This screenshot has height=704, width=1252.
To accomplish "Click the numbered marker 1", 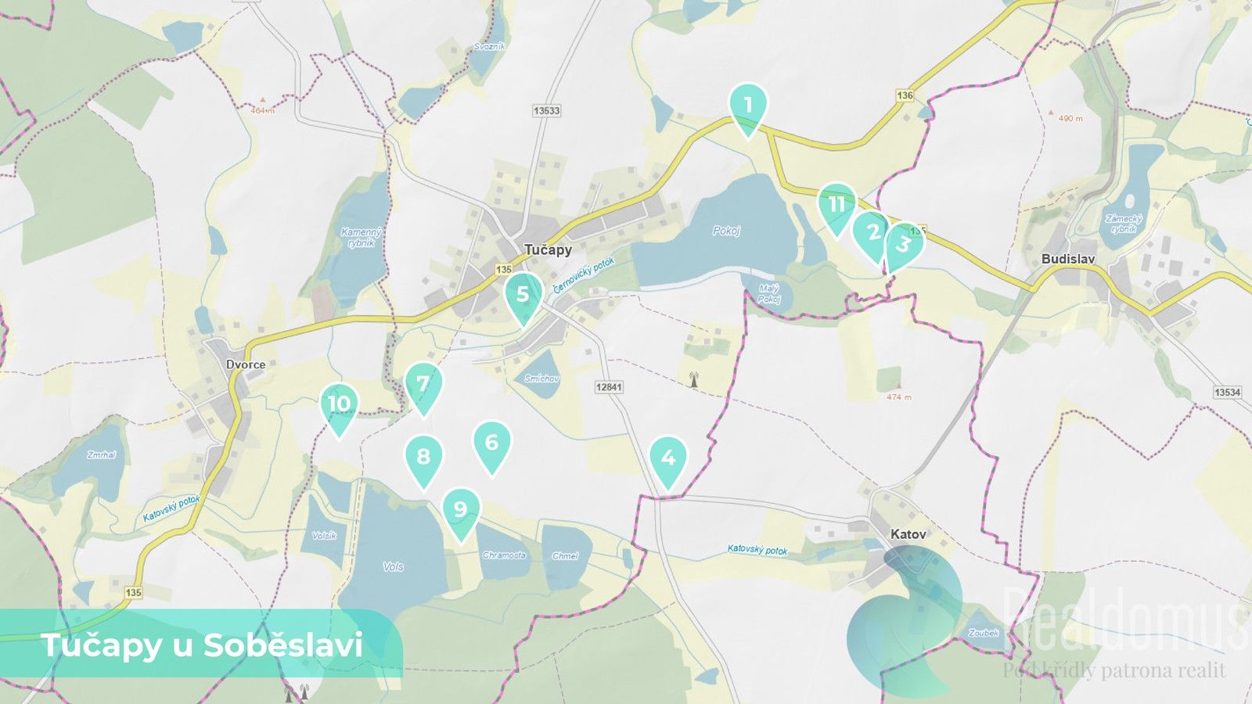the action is point(748,105).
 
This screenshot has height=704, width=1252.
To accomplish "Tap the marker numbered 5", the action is point(523,294).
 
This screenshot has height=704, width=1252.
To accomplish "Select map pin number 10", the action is point(339,404).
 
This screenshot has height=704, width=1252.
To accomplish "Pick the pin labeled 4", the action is point(667,458).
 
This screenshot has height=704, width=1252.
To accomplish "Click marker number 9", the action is point(461,509).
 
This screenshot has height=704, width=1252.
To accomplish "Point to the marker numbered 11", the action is point(836,205).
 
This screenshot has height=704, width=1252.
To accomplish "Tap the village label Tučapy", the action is point(548,250).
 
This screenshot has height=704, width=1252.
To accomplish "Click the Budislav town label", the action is point(1068,259).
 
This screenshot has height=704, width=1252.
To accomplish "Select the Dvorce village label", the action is point(246,365).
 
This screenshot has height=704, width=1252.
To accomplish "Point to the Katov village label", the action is point(908,534).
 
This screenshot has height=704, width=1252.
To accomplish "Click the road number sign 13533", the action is point(546,111).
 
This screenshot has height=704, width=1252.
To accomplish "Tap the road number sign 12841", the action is point(609,387).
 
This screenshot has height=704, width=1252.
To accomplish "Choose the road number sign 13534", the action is point(1228,392).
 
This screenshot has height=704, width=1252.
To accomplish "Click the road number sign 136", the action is point(905,95).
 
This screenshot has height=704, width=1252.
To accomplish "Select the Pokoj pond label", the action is point(726,231).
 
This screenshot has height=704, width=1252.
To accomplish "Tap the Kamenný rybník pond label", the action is point(362,237).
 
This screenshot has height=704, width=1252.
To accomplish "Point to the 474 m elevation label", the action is point(899,397).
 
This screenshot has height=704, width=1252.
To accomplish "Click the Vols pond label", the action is point(393,566).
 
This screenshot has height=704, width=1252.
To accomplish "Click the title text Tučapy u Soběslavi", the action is point(201,645).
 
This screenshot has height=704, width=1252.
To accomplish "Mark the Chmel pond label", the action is point(564,556).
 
